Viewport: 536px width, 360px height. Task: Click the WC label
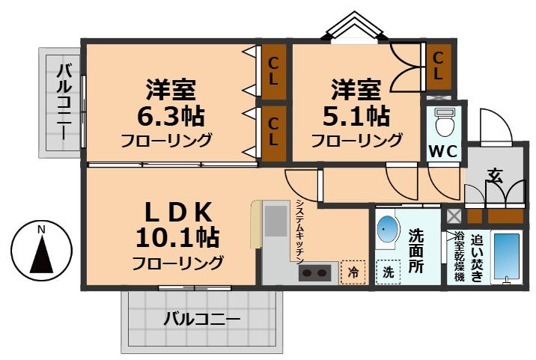pyautogui.click(x=442, y=150)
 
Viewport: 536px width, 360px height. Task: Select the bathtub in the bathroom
pyautogui.click(x=507, y=257)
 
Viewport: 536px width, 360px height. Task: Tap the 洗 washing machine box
pyautogui.click(x=388, y=272)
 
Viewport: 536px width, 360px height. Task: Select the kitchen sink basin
pyautogui.click(x=275, y=222)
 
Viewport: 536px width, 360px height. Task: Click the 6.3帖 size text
pyautogui.click(x=171, y=117)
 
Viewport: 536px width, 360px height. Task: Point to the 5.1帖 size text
pyautogui.click(x=356, y=117)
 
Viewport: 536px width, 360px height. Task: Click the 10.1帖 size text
pyautogui.click(x=177, y=238)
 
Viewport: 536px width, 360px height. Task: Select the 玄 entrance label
pyautogui.click(x=495, y=177)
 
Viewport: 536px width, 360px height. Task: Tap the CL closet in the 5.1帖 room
pyautogui.click(x=438, y=65)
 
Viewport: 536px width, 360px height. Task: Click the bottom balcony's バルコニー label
pyautogui.click(x=202, y=320)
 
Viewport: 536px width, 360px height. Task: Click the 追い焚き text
pyautogui.click(x=478, y=254)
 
